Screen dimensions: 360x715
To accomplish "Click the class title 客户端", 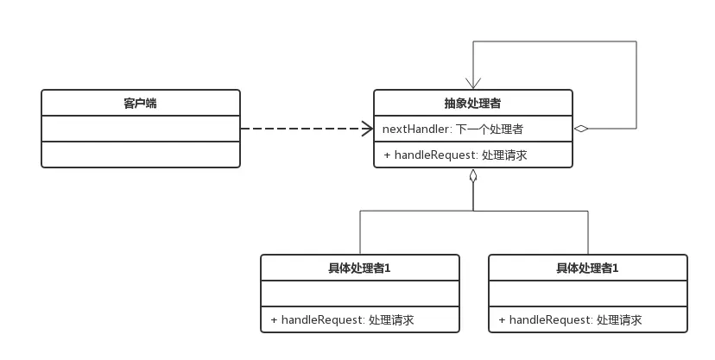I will (x=140, y=104).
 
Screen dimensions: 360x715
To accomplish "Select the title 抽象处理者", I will (x=472, y=104).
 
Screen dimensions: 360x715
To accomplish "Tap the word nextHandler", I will (x=414, y=129).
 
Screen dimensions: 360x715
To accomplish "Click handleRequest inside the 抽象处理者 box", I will (x=439, y=155).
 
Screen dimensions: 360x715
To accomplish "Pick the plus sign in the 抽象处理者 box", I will (x=387, y=155).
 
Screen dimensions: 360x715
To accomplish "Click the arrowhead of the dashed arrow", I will (x=366, y=129).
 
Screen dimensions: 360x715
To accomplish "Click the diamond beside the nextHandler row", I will (x=581, y=129).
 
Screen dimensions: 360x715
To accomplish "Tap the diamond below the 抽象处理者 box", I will (x=473, y=176).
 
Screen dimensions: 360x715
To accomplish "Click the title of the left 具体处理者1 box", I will (x=359, y=268).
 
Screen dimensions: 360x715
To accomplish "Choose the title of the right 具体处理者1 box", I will (x=587, y=268).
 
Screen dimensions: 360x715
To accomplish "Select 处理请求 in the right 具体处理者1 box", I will (x=619, y=320).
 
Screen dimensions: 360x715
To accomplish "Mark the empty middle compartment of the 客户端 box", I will (x=140, y=129).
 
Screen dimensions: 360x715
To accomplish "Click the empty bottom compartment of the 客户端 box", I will (x=140, y=155).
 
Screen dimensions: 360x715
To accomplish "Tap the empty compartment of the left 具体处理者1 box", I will (x=359, y=294).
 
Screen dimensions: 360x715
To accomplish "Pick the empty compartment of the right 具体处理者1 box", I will (x=587, y=294).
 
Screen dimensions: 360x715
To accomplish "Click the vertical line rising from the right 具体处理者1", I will (x=588, y=231).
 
